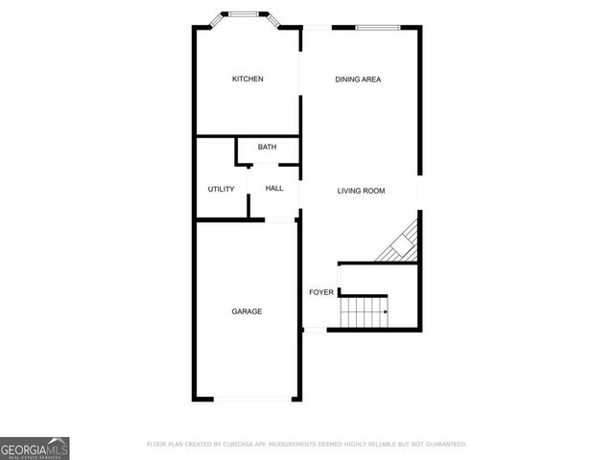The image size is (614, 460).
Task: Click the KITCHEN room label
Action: (248, 79)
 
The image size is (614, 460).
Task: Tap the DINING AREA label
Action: (358, 79)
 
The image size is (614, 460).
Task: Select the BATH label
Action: (267, 147)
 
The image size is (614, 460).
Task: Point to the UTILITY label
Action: (221, 189)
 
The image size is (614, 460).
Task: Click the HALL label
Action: (274, 189)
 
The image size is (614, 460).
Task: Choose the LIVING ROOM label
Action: (361, 191)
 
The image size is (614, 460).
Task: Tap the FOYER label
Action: (319, 292)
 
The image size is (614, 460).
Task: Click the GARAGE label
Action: (247, 311)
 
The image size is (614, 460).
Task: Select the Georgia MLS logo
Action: (35, 448)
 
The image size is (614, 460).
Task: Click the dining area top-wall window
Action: (378, 27)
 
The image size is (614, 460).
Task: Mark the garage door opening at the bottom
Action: (252, 399)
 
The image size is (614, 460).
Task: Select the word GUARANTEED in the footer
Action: (441, 445)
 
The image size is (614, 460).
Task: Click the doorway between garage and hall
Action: (280, 220)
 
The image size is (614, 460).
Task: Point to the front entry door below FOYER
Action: (315, 331)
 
